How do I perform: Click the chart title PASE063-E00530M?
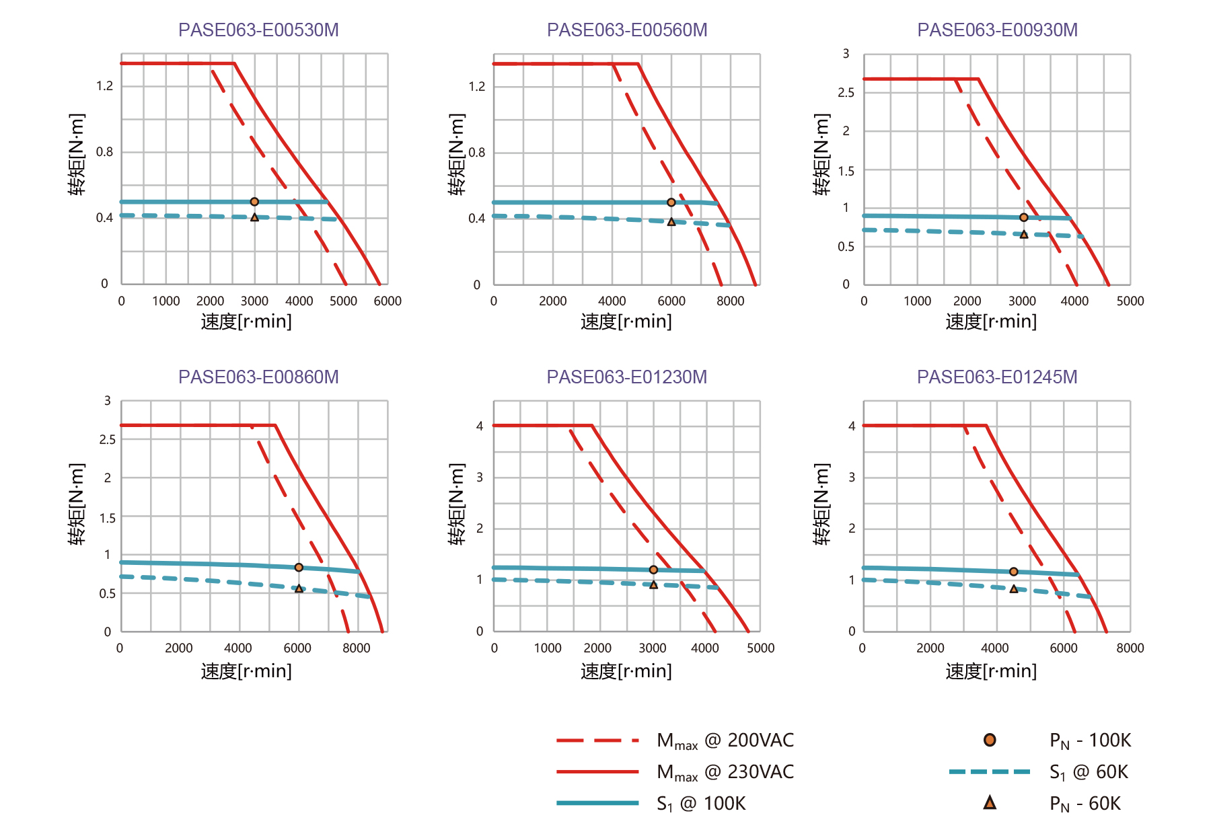258,30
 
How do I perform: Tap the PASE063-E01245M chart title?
997,377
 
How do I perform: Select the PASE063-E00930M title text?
997,30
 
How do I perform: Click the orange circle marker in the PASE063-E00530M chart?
254,202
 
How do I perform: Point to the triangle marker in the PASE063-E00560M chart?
671,222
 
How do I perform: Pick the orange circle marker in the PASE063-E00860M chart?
299,568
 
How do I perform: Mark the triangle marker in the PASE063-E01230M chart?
653,585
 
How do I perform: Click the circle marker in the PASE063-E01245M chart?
1014,572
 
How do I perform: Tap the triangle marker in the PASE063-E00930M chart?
1024,235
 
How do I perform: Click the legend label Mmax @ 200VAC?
725,741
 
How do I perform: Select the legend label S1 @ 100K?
701,804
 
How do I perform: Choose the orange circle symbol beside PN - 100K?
990,740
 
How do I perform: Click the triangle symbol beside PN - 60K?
990,802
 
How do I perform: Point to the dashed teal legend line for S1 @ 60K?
990,772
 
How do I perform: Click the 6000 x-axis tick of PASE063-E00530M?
388,301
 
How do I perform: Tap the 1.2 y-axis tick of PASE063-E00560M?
477,87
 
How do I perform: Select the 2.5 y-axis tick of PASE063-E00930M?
846,93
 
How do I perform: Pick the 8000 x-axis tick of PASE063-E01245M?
1130,648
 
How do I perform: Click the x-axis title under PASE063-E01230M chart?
626,671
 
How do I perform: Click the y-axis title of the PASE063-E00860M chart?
77,504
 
